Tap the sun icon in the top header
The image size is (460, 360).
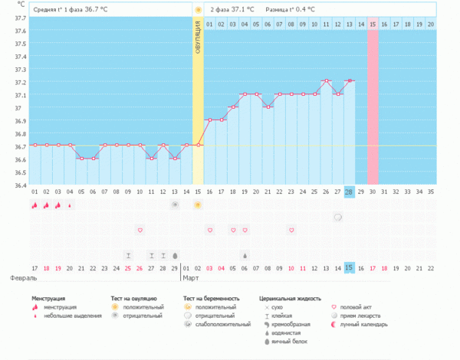pos(198,10)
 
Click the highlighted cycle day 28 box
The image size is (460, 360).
pos(350,191)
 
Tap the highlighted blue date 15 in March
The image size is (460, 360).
pos(350,267)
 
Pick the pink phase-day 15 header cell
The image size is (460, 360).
pos(373,25)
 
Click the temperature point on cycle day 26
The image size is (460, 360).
pos(326,80)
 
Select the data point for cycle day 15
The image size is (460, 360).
pos(198,145)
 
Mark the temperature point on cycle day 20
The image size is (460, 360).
pos(256,93)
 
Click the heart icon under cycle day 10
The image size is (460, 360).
pos(140,230)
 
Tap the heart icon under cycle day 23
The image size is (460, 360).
pos(291,230)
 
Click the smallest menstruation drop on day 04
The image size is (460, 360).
pos(70,205)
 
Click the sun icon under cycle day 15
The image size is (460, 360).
pos(198,205)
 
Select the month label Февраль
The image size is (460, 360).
pos(14,279)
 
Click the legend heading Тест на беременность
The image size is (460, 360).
pos(211,297)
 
